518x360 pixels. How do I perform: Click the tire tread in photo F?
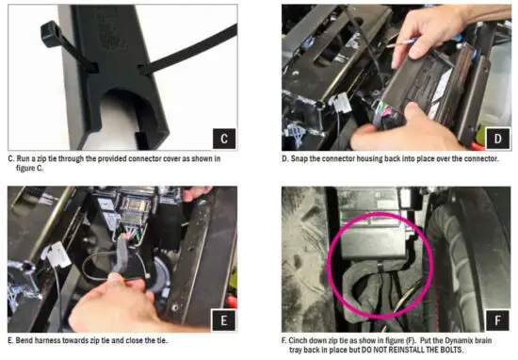[476, 245]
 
